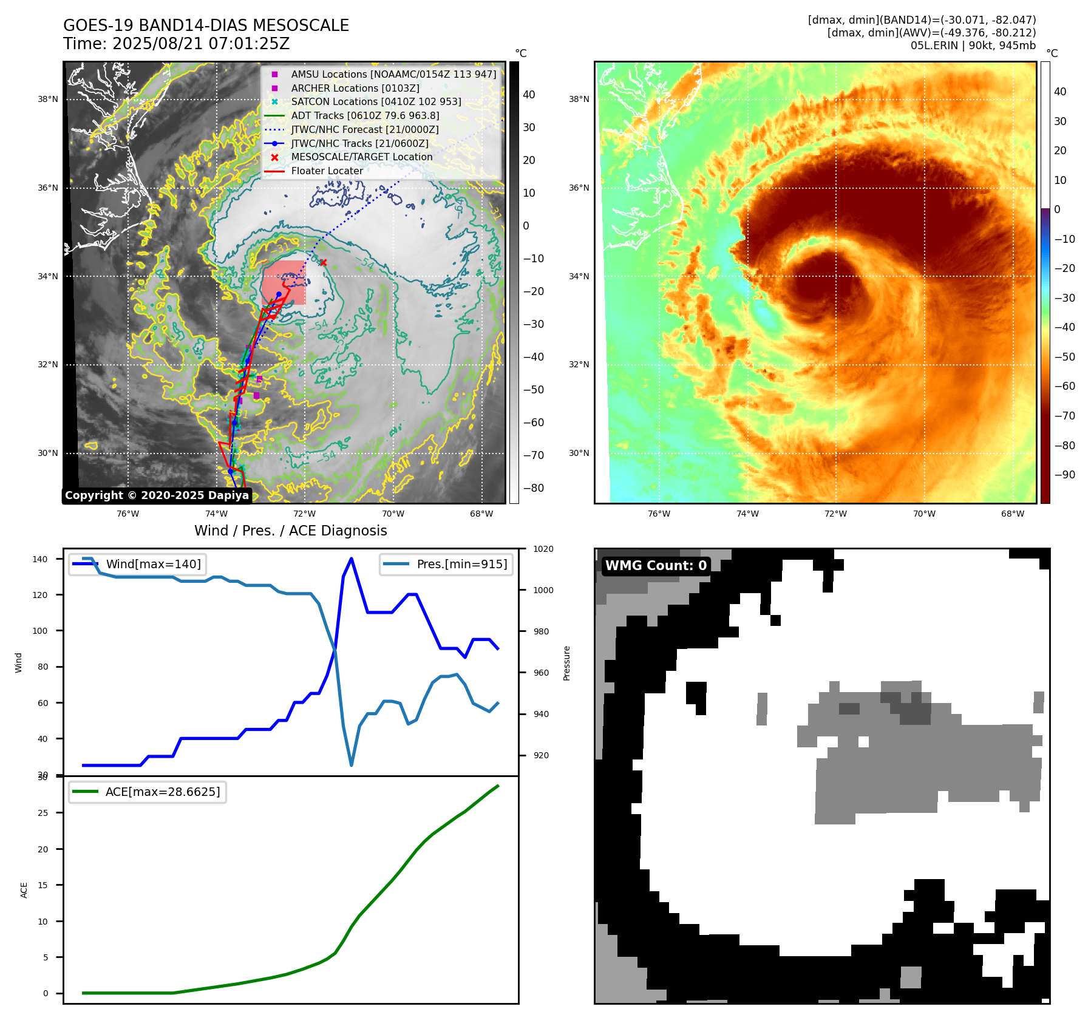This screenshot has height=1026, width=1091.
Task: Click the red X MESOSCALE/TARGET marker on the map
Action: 323,263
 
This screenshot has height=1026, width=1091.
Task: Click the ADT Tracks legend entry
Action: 364,115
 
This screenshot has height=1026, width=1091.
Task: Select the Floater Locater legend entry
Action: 327,171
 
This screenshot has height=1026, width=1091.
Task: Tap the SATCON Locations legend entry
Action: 376,101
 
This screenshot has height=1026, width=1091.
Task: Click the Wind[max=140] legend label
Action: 153,564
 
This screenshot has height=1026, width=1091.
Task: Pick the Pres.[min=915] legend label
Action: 461,564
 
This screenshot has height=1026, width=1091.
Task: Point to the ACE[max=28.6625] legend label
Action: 163,792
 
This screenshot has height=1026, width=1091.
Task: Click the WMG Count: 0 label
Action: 656,565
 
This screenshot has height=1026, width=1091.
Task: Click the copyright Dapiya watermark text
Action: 157,495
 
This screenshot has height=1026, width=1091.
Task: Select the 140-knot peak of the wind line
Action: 352,559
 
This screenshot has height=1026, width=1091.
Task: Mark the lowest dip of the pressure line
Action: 351,765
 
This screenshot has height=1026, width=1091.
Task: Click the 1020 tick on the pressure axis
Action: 543,549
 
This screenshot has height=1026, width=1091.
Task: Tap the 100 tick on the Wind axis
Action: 39,631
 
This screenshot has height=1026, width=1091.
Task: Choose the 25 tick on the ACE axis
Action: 42,813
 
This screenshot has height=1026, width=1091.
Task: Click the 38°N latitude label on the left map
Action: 48,99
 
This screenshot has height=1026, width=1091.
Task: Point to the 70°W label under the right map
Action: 924,514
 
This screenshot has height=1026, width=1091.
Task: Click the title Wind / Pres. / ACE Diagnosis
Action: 290,531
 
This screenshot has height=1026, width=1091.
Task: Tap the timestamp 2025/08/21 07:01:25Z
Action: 201,44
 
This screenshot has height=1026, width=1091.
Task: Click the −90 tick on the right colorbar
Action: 1065,475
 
